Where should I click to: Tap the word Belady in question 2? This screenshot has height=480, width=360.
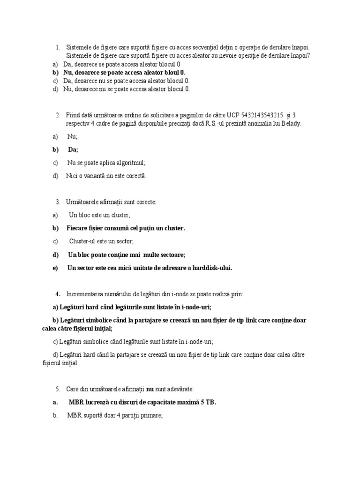click(291, 123)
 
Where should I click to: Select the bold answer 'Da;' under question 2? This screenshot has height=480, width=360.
click(73, 150)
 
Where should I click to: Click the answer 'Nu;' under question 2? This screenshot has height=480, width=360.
click(72, 136)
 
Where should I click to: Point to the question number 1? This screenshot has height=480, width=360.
click(58, 47)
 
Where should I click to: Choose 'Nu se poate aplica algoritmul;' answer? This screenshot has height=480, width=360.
click(106, 163)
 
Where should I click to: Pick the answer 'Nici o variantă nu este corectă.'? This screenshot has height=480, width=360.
click(106, 176)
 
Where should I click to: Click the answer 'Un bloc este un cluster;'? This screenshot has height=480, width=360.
click(100, 215)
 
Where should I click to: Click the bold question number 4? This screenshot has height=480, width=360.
click(58, 294)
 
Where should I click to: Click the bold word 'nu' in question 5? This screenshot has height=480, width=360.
click(150, 389)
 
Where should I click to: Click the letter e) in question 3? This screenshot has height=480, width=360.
click(55, 268)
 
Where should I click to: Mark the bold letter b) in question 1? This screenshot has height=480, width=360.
click(55, 73)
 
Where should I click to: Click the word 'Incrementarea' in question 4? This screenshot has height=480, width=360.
click(87, 294)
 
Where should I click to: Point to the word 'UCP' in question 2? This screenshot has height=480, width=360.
click(232, 115)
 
